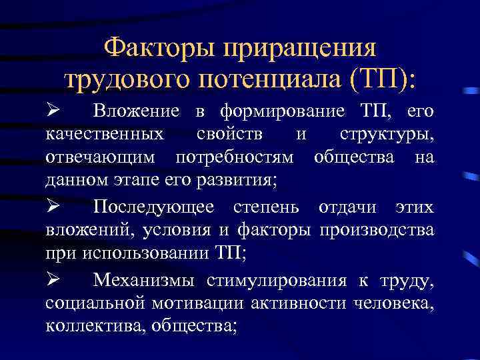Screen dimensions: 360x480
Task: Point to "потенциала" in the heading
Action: click(x=265, y=80)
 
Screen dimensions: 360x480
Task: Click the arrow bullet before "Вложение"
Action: click(x=55, y=109)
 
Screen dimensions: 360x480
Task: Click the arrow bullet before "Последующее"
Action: click(x=55, y=207)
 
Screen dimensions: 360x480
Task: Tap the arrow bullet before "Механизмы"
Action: click(x=55, y=280)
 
